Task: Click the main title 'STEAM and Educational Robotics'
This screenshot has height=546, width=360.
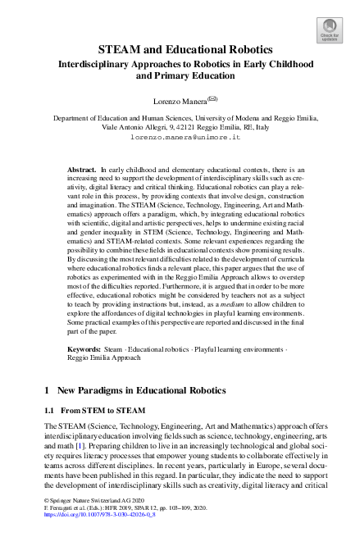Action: (180, 49)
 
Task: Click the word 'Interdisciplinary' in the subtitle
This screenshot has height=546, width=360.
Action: (86, 63)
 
